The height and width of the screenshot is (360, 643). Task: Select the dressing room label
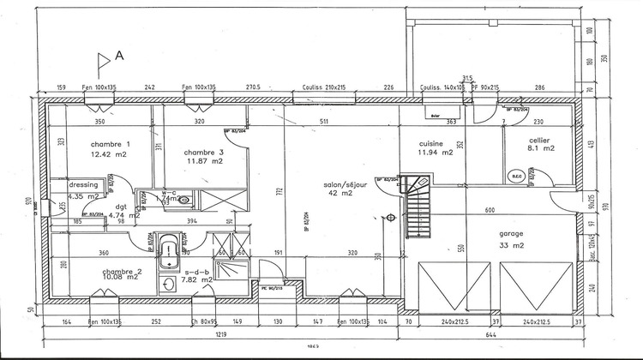click(x=84, y=185)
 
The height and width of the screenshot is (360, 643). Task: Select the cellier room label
click(x=539, y=140)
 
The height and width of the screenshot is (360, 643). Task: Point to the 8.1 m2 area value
click(x=542, y=148)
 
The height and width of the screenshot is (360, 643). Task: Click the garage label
click(x=511, y=234)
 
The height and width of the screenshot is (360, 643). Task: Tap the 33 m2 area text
click(x=512, y=245)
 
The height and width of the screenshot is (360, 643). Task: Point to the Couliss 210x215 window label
click(x=323, y=87)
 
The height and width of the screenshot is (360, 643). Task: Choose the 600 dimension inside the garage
click(x=490, y=211)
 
